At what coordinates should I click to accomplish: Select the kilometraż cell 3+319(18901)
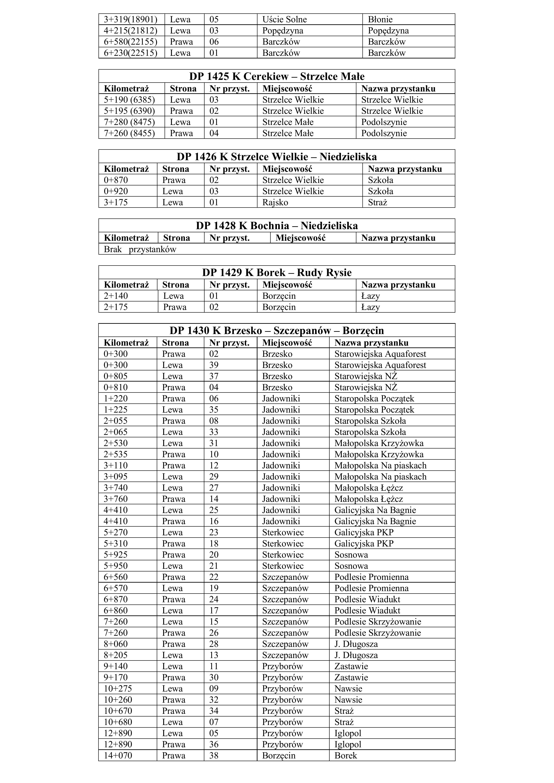(x=130, y=19)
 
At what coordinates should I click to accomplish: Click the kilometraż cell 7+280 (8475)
(x=129, y=122)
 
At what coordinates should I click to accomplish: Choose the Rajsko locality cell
(x=275, y=202)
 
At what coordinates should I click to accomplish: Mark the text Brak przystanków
(x=140, y=249)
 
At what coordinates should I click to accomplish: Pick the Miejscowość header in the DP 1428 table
(x=300, y=238)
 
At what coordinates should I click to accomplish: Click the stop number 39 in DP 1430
(x=214, y=365)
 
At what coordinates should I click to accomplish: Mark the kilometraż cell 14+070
(x=118, y=755)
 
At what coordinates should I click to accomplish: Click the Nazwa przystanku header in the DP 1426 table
(x=405, y=169)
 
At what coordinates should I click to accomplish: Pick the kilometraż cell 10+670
(x=118, y=711)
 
